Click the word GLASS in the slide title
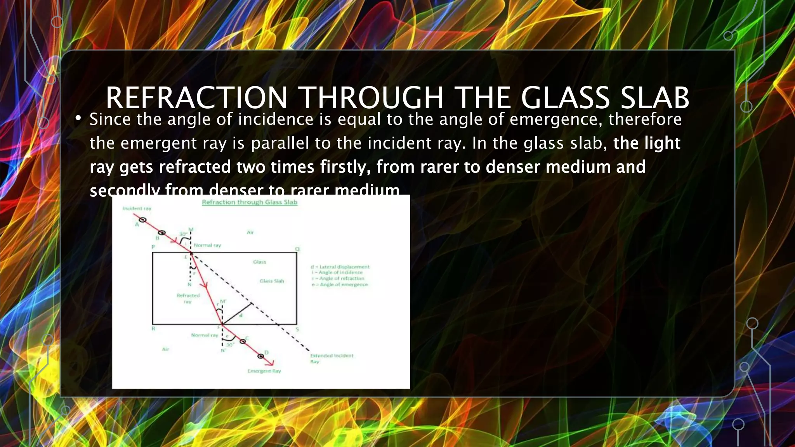pos(565,98)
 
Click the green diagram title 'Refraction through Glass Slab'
pos(249,202)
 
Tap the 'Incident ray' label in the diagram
pos(137,209)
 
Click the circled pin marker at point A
pos(142,220)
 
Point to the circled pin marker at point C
pos(243,341)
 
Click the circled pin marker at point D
pos(260,355)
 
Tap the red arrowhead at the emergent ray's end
pos(271,363)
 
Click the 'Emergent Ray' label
pos(264,371)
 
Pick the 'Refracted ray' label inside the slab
pos(188,298)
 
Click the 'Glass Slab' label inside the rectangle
pos(272,281)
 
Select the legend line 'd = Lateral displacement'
pos(340,267)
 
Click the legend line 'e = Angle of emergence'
pos(339,284)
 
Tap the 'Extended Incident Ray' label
pos(332,358)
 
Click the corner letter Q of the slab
pos(297,249)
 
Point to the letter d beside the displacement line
pos(241,316)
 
